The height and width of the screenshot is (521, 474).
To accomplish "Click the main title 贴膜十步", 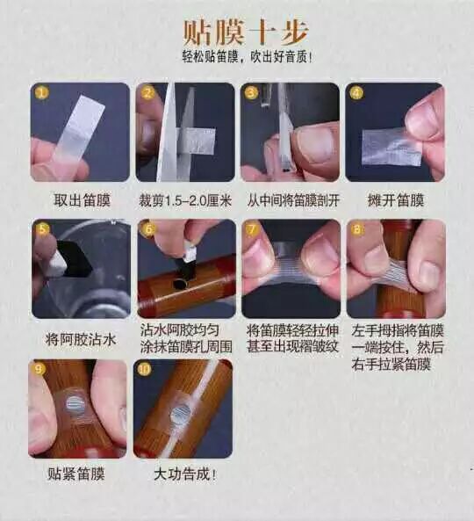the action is (246, 33).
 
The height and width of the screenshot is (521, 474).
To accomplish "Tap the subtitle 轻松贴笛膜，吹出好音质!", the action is (248, 56).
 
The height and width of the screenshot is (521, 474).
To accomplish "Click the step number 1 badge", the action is (41, 93).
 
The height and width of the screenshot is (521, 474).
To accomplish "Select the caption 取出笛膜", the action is (82, 200).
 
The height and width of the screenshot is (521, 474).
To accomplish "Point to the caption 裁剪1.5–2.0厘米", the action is (185, 200).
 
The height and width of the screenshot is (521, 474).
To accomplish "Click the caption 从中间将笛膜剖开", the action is (293, 200).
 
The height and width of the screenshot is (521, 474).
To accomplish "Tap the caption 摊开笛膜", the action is (396, 200).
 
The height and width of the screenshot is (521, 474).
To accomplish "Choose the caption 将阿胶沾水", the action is (82, 340).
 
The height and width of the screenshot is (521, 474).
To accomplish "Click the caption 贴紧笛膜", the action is (76, 474).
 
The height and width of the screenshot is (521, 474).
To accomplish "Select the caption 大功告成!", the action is (185, 474).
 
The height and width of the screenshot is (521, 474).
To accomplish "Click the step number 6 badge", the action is (147, 229).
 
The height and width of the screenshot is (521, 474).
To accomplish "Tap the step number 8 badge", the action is (356, 229).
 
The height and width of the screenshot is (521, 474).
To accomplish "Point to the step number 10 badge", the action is (145, 369).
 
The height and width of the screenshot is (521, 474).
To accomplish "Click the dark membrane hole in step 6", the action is (180, 285).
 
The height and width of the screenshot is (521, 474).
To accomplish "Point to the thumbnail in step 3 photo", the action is (316, 145).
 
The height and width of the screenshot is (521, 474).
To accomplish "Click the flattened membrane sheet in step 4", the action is (391, 148).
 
